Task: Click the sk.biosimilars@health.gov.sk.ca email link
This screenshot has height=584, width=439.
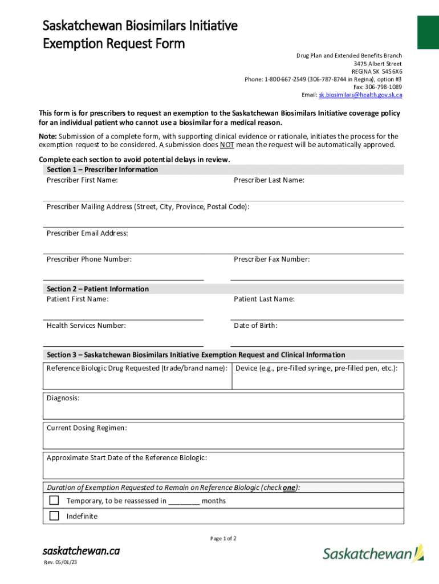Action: point(360,95)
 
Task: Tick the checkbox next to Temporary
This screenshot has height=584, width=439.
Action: point(54,501)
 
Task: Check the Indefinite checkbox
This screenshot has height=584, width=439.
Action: point(54,516)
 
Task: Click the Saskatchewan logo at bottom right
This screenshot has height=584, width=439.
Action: point(373,553)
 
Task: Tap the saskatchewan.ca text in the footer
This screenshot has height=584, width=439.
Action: point(81,551)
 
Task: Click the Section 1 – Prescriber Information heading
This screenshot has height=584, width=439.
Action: point(102,170)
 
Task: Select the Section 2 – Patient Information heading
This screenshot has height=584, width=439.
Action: point(97,289)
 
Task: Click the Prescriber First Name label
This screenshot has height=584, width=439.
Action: point(82,180)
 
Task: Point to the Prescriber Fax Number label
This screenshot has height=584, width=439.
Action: point(271,259)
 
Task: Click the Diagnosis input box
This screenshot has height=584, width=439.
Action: point(223,405)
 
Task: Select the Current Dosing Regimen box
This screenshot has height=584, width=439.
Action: point(223,436)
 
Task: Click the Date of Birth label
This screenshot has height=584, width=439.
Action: point(255,326)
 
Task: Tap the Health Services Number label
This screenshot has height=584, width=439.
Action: point(86,326)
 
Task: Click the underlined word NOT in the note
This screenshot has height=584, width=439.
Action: point(227,145)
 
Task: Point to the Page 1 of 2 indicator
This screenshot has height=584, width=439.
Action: point(223,538)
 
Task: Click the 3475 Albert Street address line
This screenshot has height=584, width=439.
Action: point(377,64)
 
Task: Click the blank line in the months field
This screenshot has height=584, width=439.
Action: point(184,501)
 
